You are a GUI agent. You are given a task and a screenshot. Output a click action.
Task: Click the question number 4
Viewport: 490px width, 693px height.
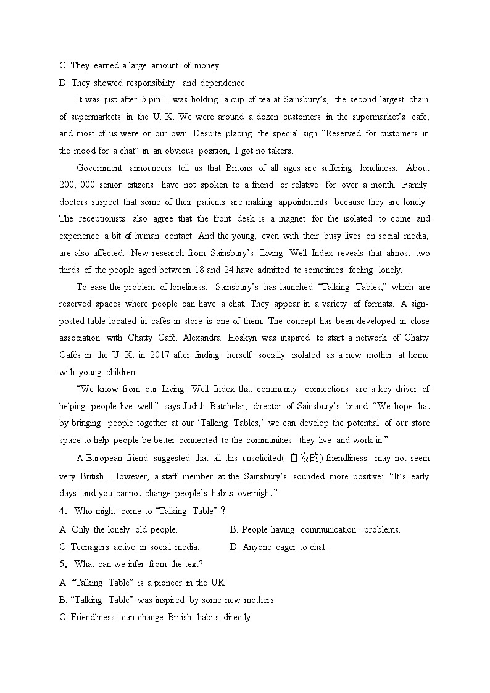point(62,511)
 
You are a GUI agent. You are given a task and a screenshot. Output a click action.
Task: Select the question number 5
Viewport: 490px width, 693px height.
point(62,564)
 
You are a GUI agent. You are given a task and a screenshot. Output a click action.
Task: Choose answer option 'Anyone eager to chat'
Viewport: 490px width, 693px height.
point(278,547)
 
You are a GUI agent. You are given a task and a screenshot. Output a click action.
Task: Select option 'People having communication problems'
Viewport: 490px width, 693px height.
point(315,529)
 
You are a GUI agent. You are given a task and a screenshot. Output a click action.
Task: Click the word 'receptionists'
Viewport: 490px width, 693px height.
point(101,218)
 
